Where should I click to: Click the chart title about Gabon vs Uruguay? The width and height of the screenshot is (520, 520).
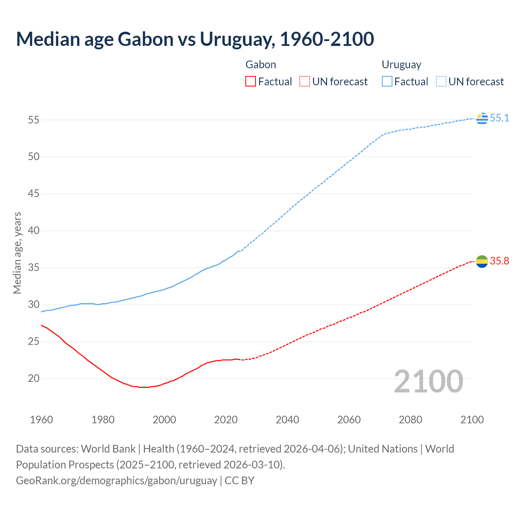click(x=195, y=39)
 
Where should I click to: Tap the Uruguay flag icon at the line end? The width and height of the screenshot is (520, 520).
click(x=482, y=118)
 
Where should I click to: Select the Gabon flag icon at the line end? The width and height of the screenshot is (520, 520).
click(x=482, y=261)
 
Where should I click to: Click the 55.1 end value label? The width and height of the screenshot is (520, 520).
click(x=499, y=118)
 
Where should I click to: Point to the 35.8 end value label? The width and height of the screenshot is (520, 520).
click(x=499, y=261)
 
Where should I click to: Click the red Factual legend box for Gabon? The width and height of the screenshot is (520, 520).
click(x=251, y=82)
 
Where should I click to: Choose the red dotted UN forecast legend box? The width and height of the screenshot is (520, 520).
click(x=305, y=82)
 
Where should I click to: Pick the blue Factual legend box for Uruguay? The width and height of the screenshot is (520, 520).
click(x=387, y=82)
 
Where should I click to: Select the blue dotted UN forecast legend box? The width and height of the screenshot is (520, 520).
click(x=441, y=82)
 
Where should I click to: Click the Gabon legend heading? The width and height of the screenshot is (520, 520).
click(x=261, y=65)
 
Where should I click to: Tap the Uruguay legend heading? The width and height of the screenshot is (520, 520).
click(x=401, y=65)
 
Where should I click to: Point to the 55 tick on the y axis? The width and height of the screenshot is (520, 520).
click(x=33, y=120)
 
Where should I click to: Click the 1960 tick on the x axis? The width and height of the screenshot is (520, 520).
click(x=41, y=420)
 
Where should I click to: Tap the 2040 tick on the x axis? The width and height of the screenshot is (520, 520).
click(x=287, y=420)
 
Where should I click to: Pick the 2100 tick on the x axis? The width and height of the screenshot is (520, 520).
click(x=472, y=420)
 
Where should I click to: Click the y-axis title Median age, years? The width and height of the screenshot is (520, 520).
click(x=17, y=253)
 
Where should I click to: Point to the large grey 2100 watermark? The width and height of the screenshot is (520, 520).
click(x=429, y=381)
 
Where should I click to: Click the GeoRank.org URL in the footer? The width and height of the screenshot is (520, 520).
click(x=117, y=481)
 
